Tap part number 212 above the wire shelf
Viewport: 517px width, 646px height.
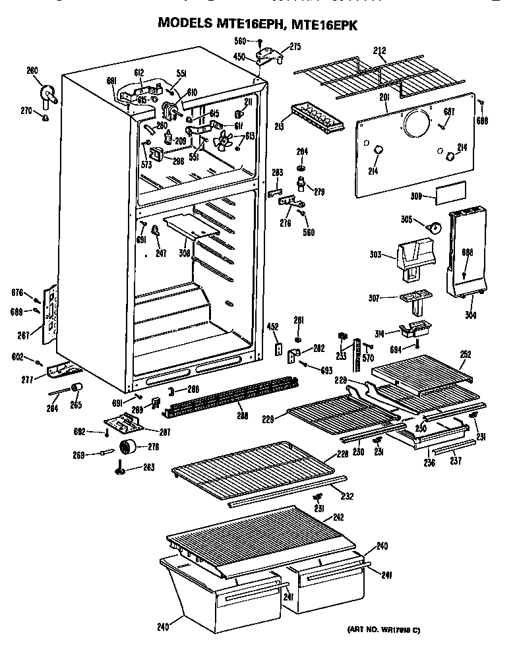(380, 50)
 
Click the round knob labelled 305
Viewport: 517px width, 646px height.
(434, 227)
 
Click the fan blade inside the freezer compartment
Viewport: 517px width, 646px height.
(226, 140)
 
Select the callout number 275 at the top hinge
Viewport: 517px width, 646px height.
(295, 46)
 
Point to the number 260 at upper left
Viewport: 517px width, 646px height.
(32, 71)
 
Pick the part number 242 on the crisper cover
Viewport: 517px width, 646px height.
(338, 517)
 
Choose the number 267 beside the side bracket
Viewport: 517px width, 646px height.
(23, 336)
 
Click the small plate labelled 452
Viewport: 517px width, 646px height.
(279, 347)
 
